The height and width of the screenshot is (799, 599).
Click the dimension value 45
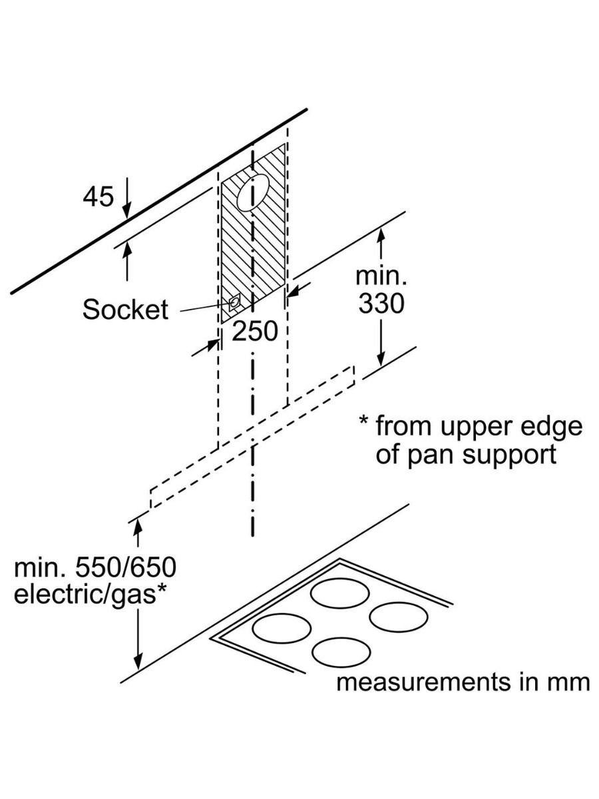(x=99, y=196)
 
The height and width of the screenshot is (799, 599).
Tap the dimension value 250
(x=255, y=331)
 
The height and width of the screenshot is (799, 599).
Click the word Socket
(x=125, y=309)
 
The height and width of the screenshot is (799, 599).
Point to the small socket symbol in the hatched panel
(x=234, y=304)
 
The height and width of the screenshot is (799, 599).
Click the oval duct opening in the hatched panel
(x=253, y=194)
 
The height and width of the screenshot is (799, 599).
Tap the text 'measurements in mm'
(x=463, y=682)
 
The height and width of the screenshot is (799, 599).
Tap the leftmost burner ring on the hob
(x=282, y=627)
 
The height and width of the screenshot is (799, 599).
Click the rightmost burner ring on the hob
(x=397, y=617)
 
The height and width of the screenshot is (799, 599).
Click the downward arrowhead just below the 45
(x=126, y=211)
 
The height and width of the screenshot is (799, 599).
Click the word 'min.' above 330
(x=381, y=276)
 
